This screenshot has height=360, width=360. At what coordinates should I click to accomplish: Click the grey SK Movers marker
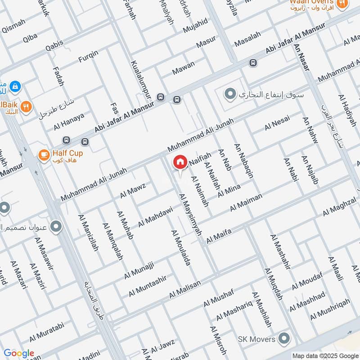click(x=284, y=337)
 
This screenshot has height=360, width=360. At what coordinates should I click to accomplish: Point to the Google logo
click(x=18, y=353)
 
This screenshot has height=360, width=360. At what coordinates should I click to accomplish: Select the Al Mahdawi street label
click(x=155, y=216)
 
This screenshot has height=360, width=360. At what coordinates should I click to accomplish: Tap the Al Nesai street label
click(x=277, y=122)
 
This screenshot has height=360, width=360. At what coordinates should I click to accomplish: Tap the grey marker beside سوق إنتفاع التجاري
click(x=230, y=94)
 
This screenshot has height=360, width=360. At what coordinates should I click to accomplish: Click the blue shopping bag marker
click(x=14, y=85)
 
